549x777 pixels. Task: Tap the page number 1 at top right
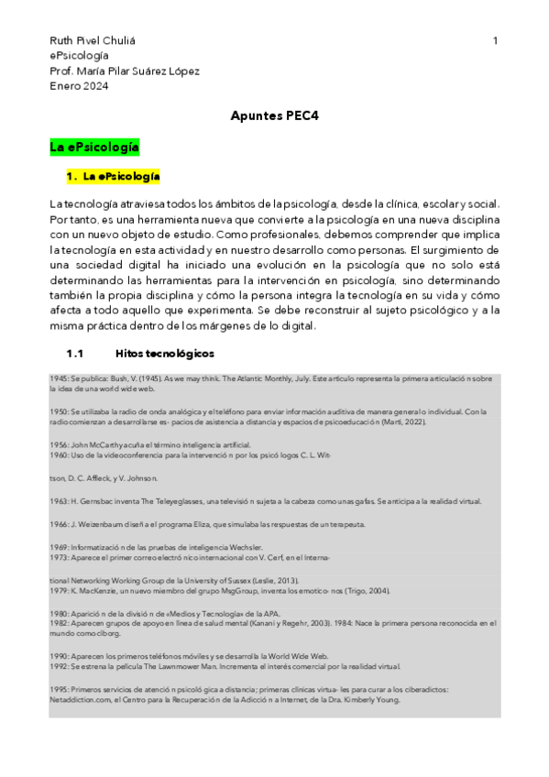(495, 41)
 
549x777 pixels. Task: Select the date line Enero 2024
(79, 86)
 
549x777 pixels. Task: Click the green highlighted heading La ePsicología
(94, 147)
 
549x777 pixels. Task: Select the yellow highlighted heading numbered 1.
(114, 176)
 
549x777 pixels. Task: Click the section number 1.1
(74, 353)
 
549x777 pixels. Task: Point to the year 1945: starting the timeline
(60, 378)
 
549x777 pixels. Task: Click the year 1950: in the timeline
(60, 411)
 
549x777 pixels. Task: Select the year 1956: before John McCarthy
(60, 443)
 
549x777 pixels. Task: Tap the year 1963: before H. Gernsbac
(60, 501)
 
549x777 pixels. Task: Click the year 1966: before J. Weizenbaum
(60, 524)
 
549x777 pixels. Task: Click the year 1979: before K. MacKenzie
(60, 590)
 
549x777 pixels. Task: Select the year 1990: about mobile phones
(60, 656)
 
